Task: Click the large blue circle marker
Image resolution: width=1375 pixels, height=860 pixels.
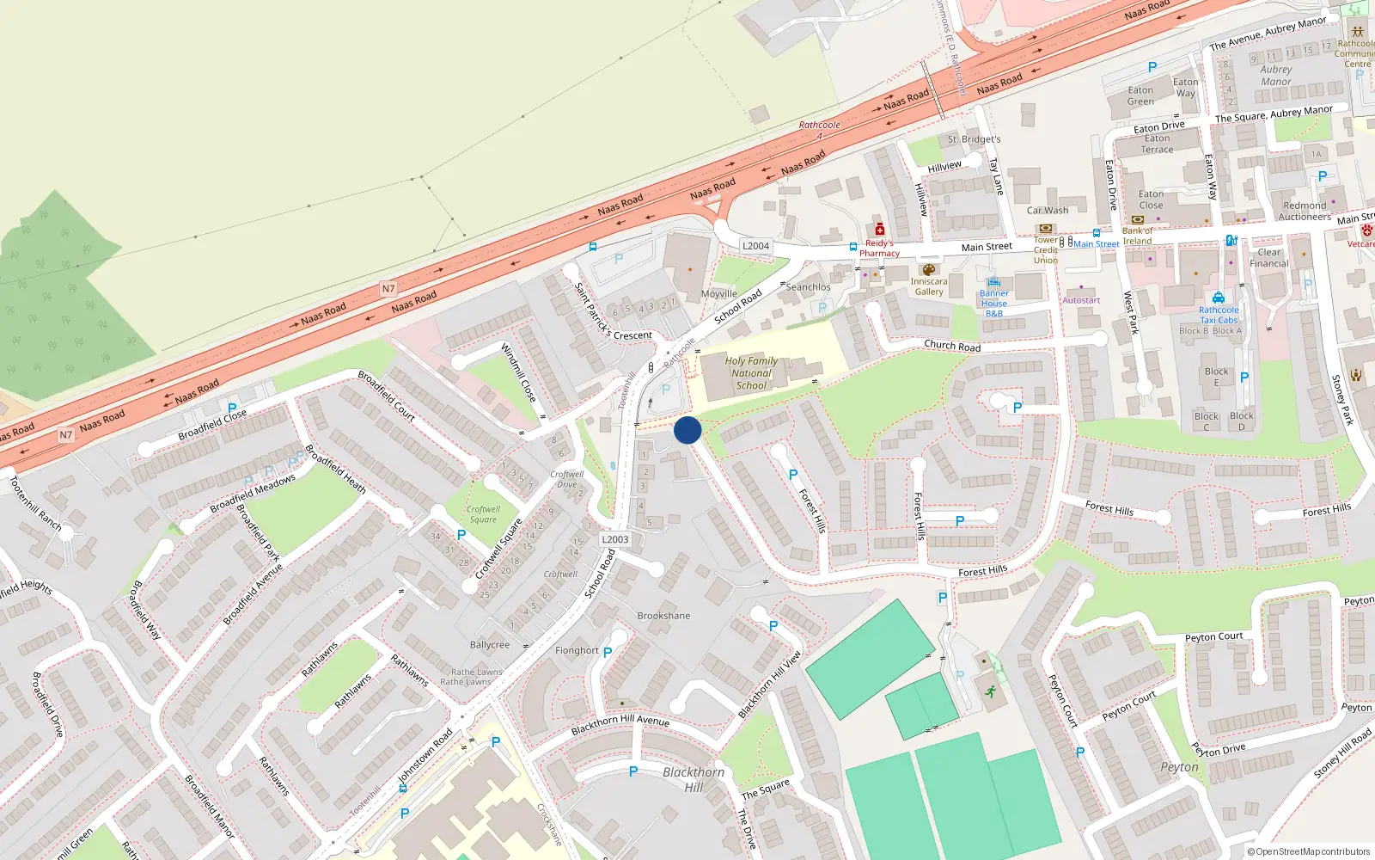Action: coord(687,430)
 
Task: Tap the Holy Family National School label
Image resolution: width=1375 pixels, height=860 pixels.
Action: coord(751,373)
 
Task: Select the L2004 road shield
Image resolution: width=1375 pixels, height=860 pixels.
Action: coord(755,246)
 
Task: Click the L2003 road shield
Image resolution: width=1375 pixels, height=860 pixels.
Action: coord(614,539)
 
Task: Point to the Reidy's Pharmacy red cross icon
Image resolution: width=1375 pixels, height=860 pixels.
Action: coord(879,230)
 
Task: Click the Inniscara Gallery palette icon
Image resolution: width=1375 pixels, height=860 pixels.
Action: coord(928,270)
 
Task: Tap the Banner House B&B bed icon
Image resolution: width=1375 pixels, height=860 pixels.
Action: coord(994,282)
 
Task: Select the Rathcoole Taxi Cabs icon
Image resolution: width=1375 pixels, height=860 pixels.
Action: coord(1219,298)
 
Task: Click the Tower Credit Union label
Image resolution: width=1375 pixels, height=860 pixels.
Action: coord(1046,250)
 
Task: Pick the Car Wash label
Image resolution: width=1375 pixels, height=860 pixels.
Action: coord(1048,211)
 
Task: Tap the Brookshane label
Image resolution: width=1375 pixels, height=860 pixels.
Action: coord(663,616)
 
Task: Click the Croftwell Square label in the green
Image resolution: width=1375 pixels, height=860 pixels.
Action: coord(483,514)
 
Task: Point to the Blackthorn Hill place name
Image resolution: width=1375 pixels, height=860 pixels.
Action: coord(694,779)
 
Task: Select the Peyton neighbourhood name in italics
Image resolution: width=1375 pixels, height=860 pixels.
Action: coord(1179,767)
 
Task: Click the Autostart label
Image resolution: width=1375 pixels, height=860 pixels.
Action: coord(1081,300)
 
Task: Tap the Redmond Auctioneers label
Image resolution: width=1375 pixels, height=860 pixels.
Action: coord(1305,212)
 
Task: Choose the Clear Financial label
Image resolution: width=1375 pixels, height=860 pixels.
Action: coord(1269,258)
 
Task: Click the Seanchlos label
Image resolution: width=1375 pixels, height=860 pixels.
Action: coord(808,287)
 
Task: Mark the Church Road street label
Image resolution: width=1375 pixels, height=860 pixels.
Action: coord(952,345)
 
